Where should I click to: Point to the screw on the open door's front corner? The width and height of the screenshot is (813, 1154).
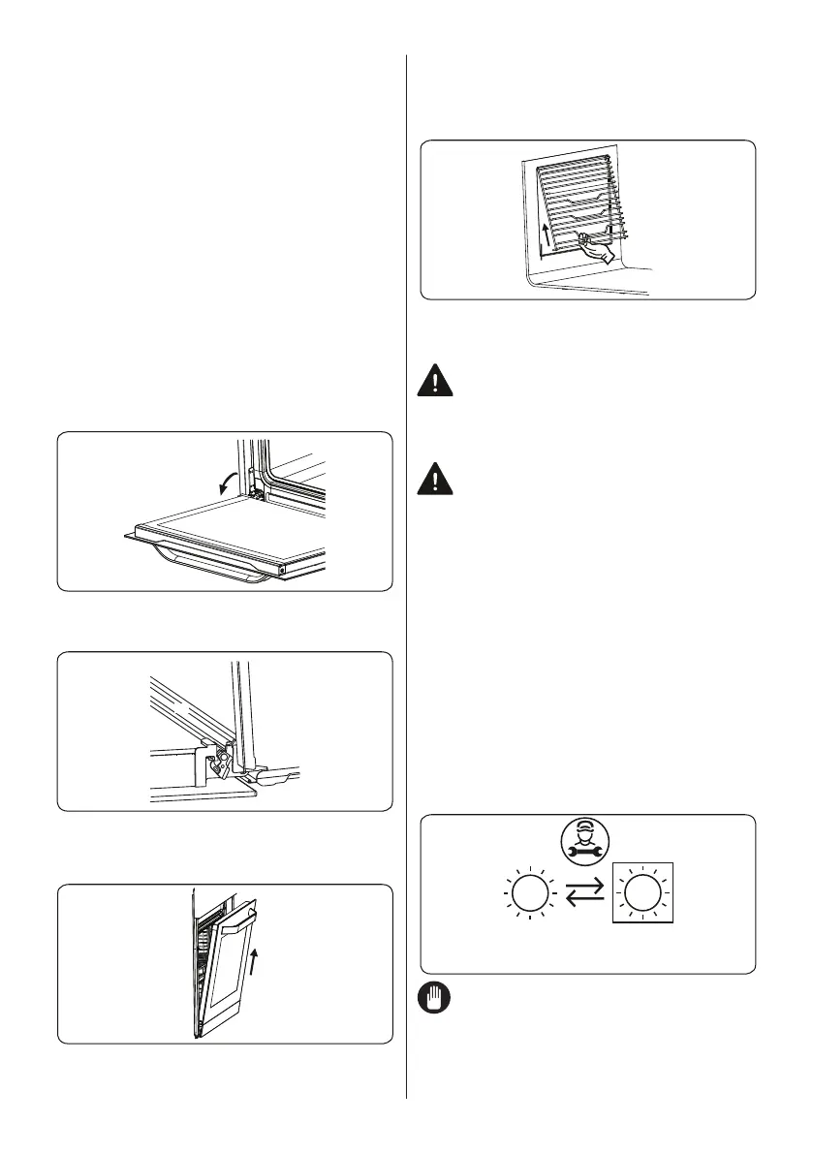[282, 571]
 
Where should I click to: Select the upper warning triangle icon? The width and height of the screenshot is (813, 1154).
[435, 380]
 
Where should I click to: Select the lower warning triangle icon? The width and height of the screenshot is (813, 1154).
[435, 480]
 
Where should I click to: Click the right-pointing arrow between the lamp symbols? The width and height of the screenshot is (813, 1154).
[585, 886]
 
